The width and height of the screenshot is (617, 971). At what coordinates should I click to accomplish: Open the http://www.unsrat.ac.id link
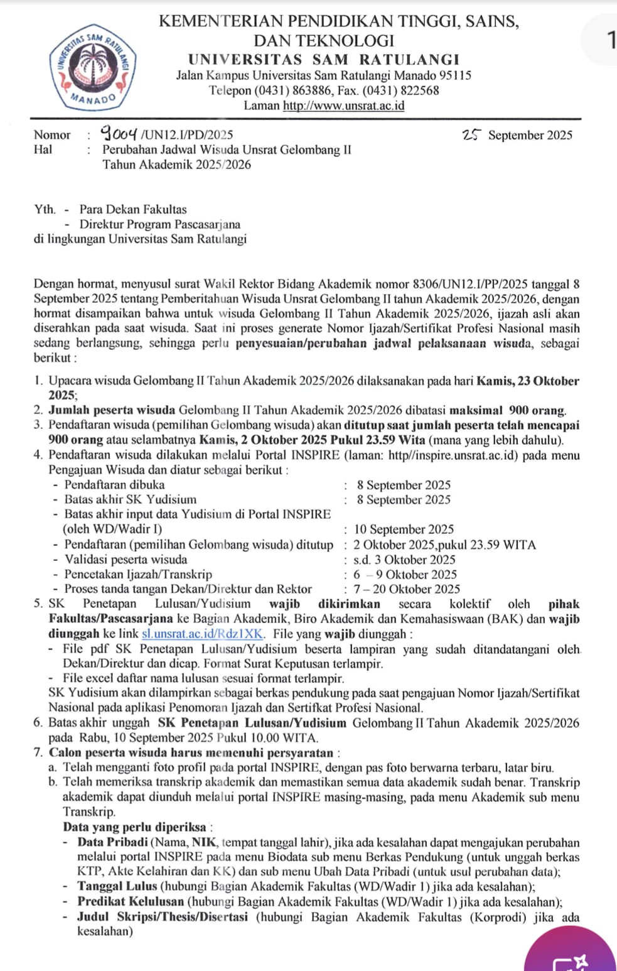pos(343,106)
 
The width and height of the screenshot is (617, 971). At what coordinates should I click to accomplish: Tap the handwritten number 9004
pos(121,133)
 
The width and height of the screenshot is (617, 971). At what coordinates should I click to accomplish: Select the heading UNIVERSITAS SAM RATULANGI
pos(324,60)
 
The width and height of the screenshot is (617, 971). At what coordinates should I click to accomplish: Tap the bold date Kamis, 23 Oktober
pos(527,381)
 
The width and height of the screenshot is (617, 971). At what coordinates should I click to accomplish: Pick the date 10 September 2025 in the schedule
pos(404,529)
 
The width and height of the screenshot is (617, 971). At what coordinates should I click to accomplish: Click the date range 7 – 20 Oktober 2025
pos(406,589)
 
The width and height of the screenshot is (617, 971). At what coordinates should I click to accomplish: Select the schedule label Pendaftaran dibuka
pos(114,485)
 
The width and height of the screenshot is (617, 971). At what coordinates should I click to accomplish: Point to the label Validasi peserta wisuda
pos(126,560)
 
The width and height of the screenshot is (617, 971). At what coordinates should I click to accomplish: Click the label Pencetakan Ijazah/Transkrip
pos(138,574)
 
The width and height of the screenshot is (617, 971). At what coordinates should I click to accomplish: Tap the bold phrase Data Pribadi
pos(112,843)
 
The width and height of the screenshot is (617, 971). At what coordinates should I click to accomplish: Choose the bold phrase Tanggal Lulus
pos(117,887)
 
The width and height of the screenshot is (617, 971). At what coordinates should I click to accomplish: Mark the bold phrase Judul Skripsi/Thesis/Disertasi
pos(163,917)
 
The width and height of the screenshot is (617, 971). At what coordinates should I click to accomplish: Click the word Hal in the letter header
pos(43,149)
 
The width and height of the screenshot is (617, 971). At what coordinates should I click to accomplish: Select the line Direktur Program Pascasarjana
pos(159,224)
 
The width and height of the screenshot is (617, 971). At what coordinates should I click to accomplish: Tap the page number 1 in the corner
pos(611,41)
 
